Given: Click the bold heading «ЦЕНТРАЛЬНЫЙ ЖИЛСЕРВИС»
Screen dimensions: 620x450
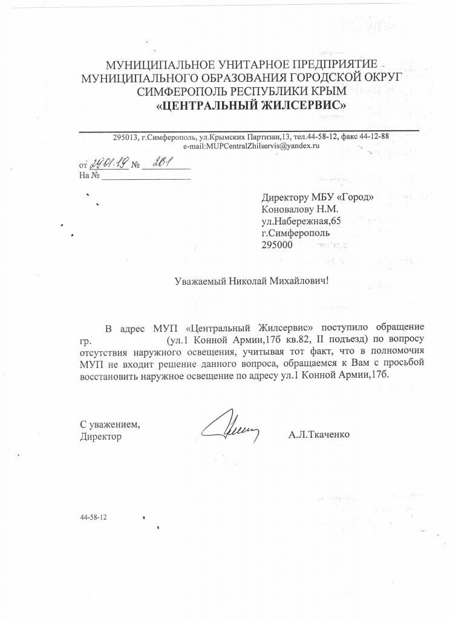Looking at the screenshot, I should click(252, 105).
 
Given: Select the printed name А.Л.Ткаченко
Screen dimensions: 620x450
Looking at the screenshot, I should click(319, 435).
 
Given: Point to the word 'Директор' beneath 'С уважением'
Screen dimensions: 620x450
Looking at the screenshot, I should click(100, 435).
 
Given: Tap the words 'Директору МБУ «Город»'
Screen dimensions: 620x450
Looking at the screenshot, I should click(313, 197).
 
